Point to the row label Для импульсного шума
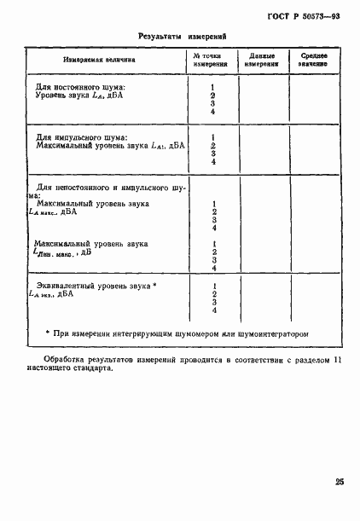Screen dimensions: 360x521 (81, 137)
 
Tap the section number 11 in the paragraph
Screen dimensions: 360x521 (335, 361)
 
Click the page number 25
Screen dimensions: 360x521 (340, 483)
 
